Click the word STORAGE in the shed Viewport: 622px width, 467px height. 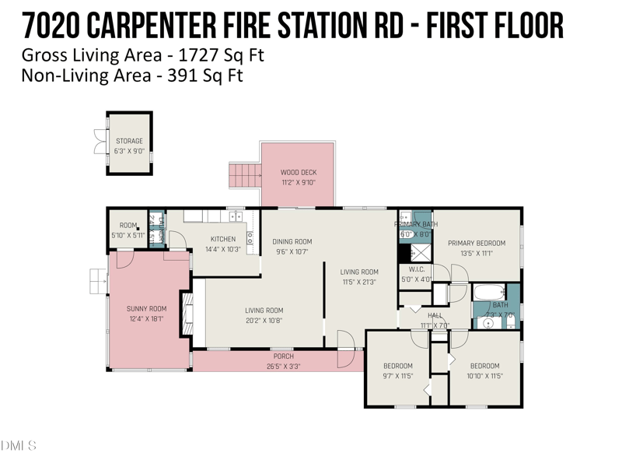coord(129,142)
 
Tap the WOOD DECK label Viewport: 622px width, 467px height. coord(299,173)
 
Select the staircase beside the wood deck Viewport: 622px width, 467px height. coord(244,176)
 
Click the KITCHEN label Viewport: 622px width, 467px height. coord(223,239)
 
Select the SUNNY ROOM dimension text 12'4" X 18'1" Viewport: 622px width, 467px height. coord(147,319)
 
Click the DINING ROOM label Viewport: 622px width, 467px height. coord(292,241)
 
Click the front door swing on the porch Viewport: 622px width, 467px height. coord(346,349)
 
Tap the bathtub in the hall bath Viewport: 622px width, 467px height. coord(489,293)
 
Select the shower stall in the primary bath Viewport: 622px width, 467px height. coord(420,252)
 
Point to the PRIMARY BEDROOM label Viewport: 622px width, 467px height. coord(477,243)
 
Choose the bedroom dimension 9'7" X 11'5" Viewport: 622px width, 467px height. coord(397,376)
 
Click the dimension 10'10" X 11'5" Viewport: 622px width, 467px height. coord(484,376)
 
